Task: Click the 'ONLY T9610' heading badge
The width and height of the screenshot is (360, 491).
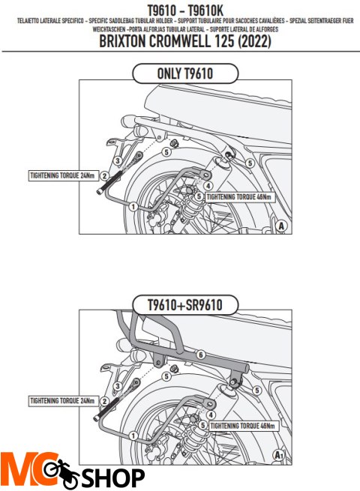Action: tap(184, 73)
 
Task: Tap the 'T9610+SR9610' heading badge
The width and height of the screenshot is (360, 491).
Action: tap(184, 304)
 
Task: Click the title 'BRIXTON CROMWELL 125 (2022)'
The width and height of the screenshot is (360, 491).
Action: tap(184, 43)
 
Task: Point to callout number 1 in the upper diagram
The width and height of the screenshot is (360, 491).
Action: tap(133, 205)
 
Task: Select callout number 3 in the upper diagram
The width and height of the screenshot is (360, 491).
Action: tap(118, 161)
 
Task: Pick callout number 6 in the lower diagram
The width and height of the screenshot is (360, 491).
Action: tap(200, 355)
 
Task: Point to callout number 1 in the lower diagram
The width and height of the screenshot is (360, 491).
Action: tap(133, 436)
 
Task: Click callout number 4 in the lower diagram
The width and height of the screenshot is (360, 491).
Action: tap(212, 413)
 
